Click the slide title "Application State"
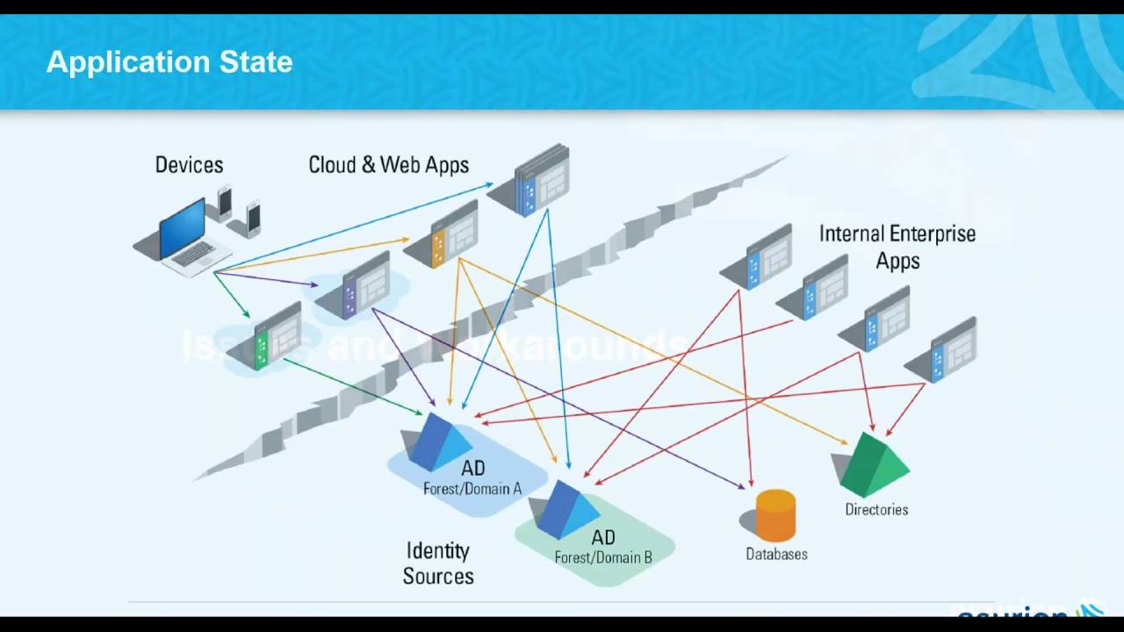coord(169,62)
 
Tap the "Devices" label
coord(189,165)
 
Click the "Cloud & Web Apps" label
coord(388,165)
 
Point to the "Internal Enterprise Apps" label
coord(897,247)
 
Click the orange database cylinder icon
coord(775,515)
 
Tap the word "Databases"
coord(776,555)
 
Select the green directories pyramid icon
coord(873,464)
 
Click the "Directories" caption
coord(876,509)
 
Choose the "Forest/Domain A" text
coord(472,489)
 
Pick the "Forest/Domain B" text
coord(603,557)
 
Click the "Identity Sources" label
coord(438,564)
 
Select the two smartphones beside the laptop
coord(240,211)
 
